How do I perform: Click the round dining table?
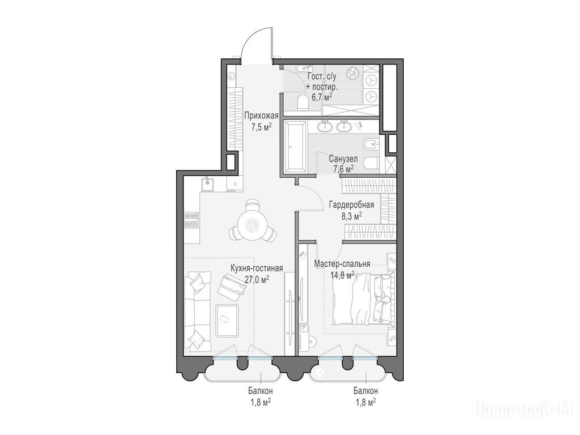(252, 223)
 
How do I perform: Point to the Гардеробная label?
(351, 205)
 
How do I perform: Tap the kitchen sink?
(208, 184)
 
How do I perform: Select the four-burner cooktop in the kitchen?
(191, 220)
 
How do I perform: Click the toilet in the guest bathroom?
(303, 103)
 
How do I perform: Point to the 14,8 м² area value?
(343, 275)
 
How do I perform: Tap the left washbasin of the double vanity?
(325, 126)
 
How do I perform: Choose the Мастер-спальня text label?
(342, 264)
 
